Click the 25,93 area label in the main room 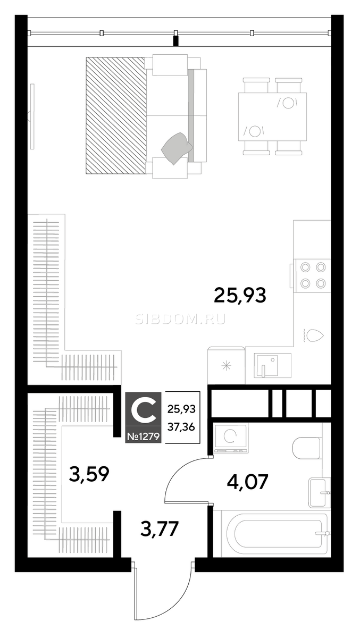click(x=240, y=296)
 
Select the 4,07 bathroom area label click(x=247, y=482)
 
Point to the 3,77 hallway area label click(x=160, y=528)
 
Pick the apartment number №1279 click(x=143, y=436)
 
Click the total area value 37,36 click(x=181, y=427)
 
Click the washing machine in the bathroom click(x=231, y=438)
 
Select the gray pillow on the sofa click(x=177, y=149)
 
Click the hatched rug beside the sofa click(x=116, y=115)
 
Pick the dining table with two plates click(x=272, y=116)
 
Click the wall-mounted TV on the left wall click(x=32, y=116)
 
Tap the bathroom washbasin click(x=319, y=493)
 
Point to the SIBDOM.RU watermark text click(x=181, y=320)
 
